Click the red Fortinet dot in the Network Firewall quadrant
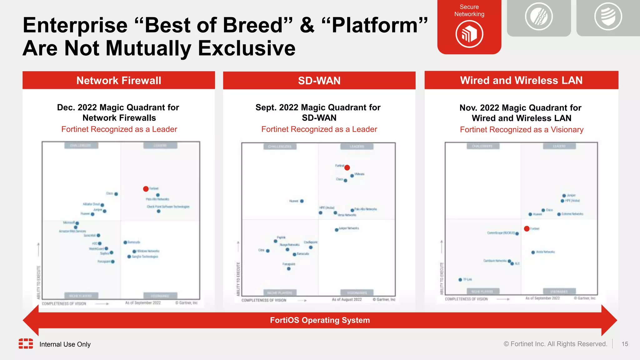[146, 189]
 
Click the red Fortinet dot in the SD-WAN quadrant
[347, 167]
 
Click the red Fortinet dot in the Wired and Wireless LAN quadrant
[527, 228]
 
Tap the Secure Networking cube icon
[469, 34]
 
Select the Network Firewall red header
[119, 80]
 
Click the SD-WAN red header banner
[319, 81]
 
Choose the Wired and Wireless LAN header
[521, 80]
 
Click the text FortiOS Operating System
[320, 320]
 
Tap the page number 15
[625, 344]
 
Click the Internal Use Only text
[65, 344]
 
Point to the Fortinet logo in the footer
[26, 343]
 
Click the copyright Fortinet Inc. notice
[555, 344]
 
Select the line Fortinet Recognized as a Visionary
[521, 129]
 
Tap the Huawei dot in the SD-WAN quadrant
[302, 201]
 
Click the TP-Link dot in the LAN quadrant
[460, 280]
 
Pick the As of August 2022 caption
[347, 299]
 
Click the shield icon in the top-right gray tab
[608, 16]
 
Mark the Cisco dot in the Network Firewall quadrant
[116, 194]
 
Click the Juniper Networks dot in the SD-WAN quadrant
[337, 230]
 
